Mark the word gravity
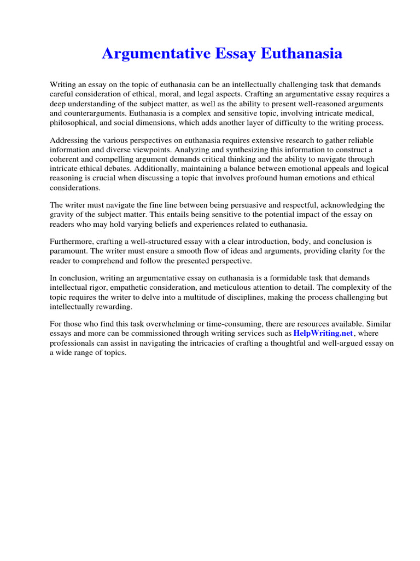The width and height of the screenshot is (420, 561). pyautogui.click(x=62, y=214)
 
